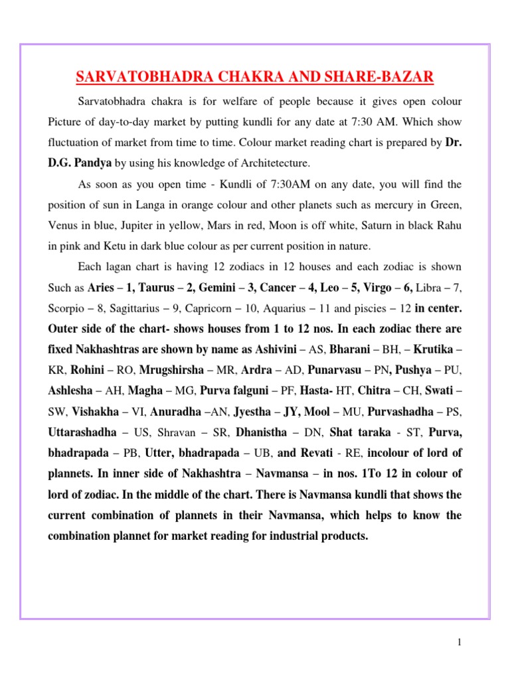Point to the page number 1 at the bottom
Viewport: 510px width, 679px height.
click(459, 642)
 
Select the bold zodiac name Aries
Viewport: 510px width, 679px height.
click(101, 288)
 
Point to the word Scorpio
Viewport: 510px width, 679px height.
click(66, 308)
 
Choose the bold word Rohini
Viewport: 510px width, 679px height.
click(86, 370)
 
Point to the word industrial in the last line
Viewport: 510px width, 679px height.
click(278, 536)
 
